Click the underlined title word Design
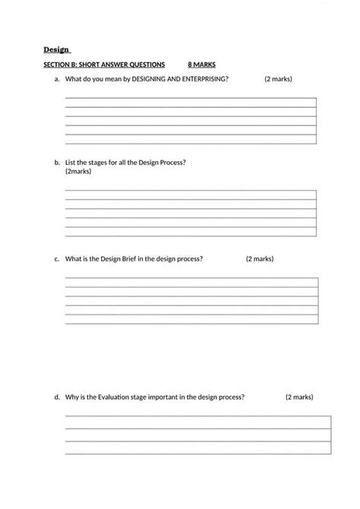[x=55, y=50]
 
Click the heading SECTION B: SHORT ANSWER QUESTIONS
[x=104, y=65]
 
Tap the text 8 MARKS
[x=201, y=65]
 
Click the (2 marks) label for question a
[x=278, y=79]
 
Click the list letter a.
[x=57, y=79]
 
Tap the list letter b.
[x=57, y=163]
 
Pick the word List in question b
[x=71, y=163]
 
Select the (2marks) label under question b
[x=78, y=172]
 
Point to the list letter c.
[x=57, y=259]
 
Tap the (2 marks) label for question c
[x=260, y=259]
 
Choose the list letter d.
[x=57, y=397]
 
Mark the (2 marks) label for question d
[x=299, y=397]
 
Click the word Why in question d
[x=73, y=397]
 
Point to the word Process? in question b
[x=173, y=163]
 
